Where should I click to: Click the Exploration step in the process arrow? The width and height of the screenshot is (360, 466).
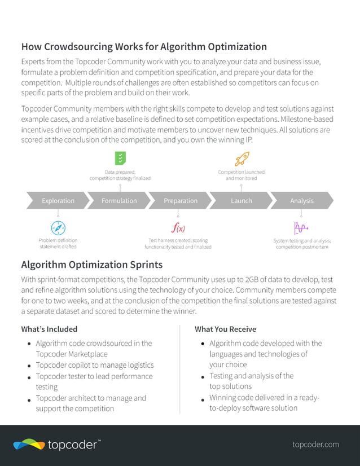point(58,200)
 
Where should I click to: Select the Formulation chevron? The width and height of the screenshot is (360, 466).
point(119,200)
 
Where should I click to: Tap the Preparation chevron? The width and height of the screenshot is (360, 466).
point(181,200)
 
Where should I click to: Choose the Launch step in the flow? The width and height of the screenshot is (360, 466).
point(241,200)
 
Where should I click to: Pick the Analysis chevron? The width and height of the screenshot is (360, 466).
point(301,200)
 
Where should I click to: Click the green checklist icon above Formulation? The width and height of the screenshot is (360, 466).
point(120,159)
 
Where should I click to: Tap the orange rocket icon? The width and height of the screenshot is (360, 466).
point(241,158)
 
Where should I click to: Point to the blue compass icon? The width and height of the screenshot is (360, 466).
point(58,228)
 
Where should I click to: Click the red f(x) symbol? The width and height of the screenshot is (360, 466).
point(178,228)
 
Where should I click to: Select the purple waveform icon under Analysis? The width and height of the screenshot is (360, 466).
point(300,228)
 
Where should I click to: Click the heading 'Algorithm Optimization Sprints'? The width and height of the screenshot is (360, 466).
point(91,265)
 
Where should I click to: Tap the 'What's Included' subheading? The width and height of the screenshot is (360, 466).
point(49,329)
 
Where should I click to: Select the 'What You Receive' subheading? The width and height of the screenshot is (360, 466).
point(225,329)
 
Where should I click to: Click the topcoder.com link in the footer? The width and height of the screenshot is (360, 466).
point(315,445)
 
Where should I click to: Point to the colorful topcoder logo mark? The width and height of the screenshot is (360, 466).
point(29,445)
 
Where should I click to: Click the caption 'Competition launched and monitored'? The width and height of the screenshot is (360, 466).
point(241,175)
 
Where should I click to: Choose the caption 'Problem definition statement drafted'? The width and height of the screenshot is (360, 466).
point(58,243)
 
